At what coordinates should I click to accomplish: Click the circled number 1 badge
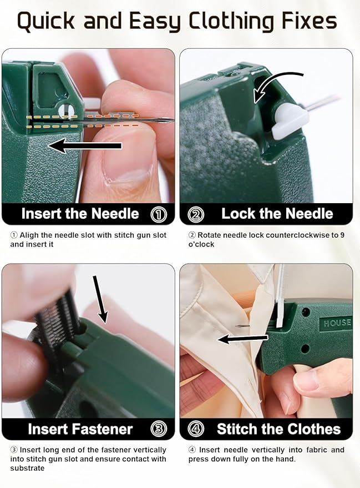[x=159, y=214]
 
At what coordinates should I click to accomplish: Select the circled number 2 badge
[x=196, y=214]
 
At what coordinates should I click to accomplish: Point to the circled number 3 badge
[x=159, y=429]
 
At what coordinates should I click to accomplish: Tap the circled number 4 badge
[x=196, y=429]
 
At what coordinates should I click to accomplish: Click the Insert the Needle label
[x=80, y=214]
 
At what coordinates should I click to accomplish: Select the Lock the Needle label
[x=277, y=214]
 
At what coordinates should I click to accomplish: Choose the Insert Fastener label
[x=80, y=429]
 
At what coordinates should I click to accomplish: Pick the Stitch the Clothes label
[x=278, y=429]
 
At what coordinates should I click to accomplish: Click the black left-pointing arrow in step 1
[x=83, y=146]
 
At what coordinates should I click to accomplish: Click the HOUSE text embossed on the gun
[x=337, y=323]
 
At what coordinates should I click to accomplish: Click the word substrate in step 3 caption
[x=27, y=467]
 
